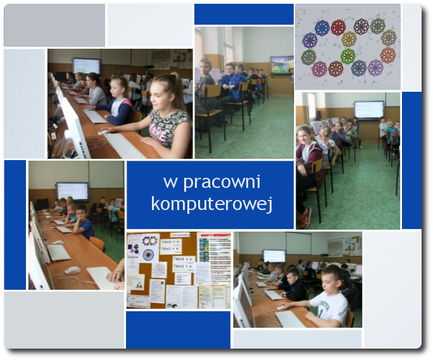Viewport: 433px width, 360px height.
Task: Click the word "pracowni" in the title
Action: pos(222,183)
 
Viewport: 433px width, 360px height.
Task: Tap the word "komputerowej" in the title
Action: pos(212,204)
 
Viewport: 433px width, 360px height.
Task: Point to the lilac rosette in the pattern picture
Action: pos(375,67)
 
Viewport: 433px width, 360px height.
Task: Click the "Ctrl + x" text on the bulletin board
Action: pos(171,242)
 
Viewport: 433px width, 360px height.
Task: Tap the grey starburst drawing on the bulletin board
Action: pos(160,270)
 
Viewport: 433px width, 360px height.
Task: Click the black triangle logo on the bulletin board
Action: pos(139,285)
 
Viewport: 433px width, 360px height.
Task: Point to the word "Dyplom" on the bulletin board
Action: pos(132,256)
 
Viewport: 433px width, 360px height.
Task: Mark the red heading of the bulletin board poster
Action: pos(215,235)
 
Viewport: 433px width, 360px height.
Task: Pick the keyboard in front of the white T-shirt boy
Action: pos(290,319)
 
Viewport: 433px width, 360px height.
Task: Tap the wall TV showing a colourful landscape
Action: pos(282,65)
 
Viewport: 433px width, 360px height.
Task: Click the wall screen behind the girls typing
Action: pos(87,66)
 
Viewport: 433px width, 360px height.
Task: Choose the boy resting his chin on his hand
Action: pos(82,221)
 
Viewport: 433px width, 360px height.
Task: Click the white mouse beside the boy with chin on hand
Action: pos(58,242)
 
